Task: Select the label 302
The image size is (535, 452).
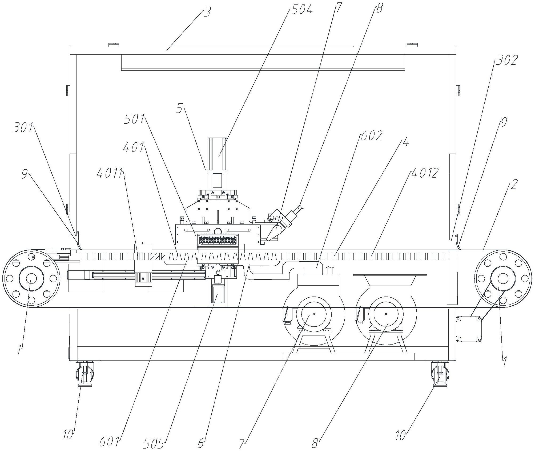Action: coord(506,60)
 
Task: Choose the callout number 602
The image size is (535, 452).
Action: coord(371,136)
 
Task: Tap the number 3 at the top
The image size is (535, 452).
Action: coord(207,12)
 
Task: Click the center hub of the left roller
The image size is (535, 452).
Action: coord(31,279)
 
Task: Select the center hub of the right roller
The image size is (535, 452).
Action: coord(502,279)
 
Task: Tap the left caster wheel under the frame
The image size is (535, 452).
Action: coord(85,374)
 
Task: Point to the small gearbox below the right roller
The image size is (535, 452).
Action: coord(469,329)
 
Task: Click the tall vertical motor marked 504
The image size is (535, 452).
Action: coord(217,163)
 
